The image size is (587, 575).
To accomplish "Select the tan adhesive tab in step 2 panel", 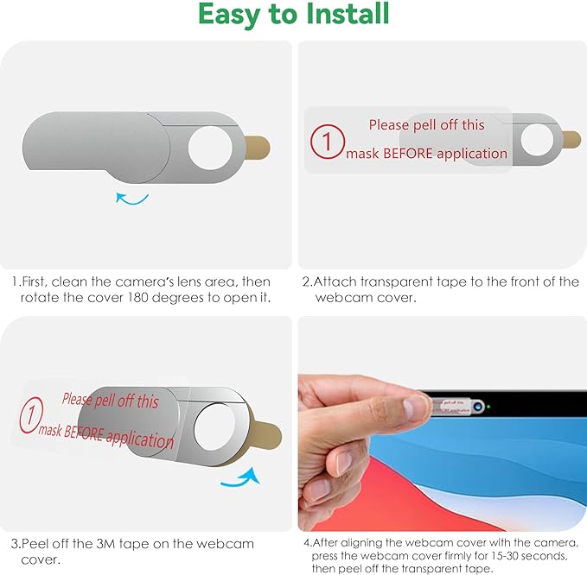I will tap(571, 139).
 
